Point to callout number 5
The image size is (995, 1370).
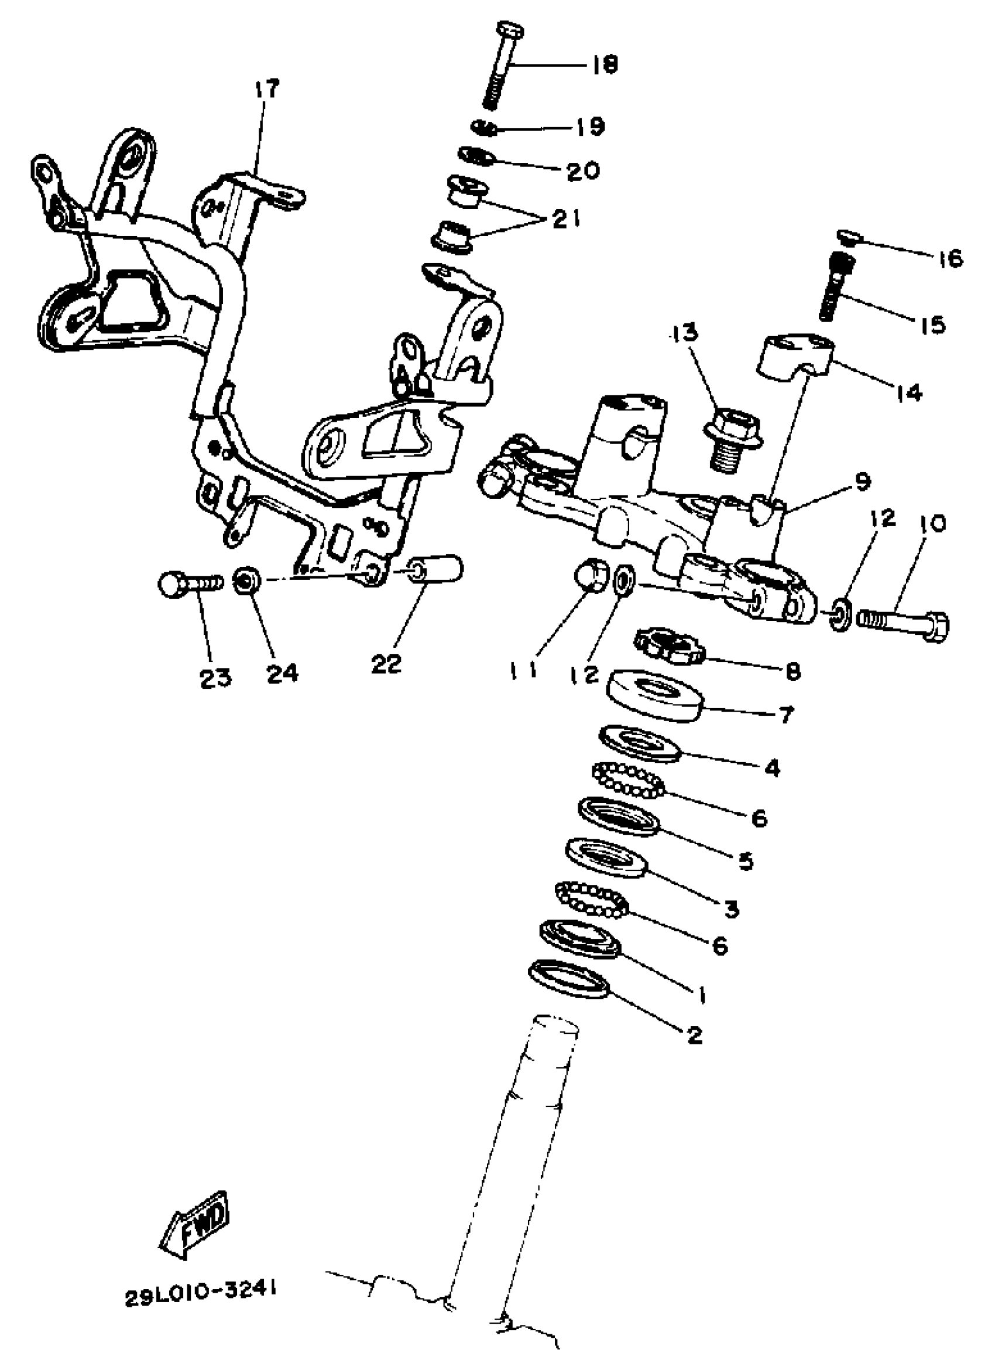pyautogui.click(x=746, y=860)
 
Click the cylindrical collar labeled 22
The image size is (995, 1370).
pyautogui.click(x=437, y=571)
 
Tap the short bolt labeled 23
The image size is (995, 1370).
pyautogui.click(x=190, y=584)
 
